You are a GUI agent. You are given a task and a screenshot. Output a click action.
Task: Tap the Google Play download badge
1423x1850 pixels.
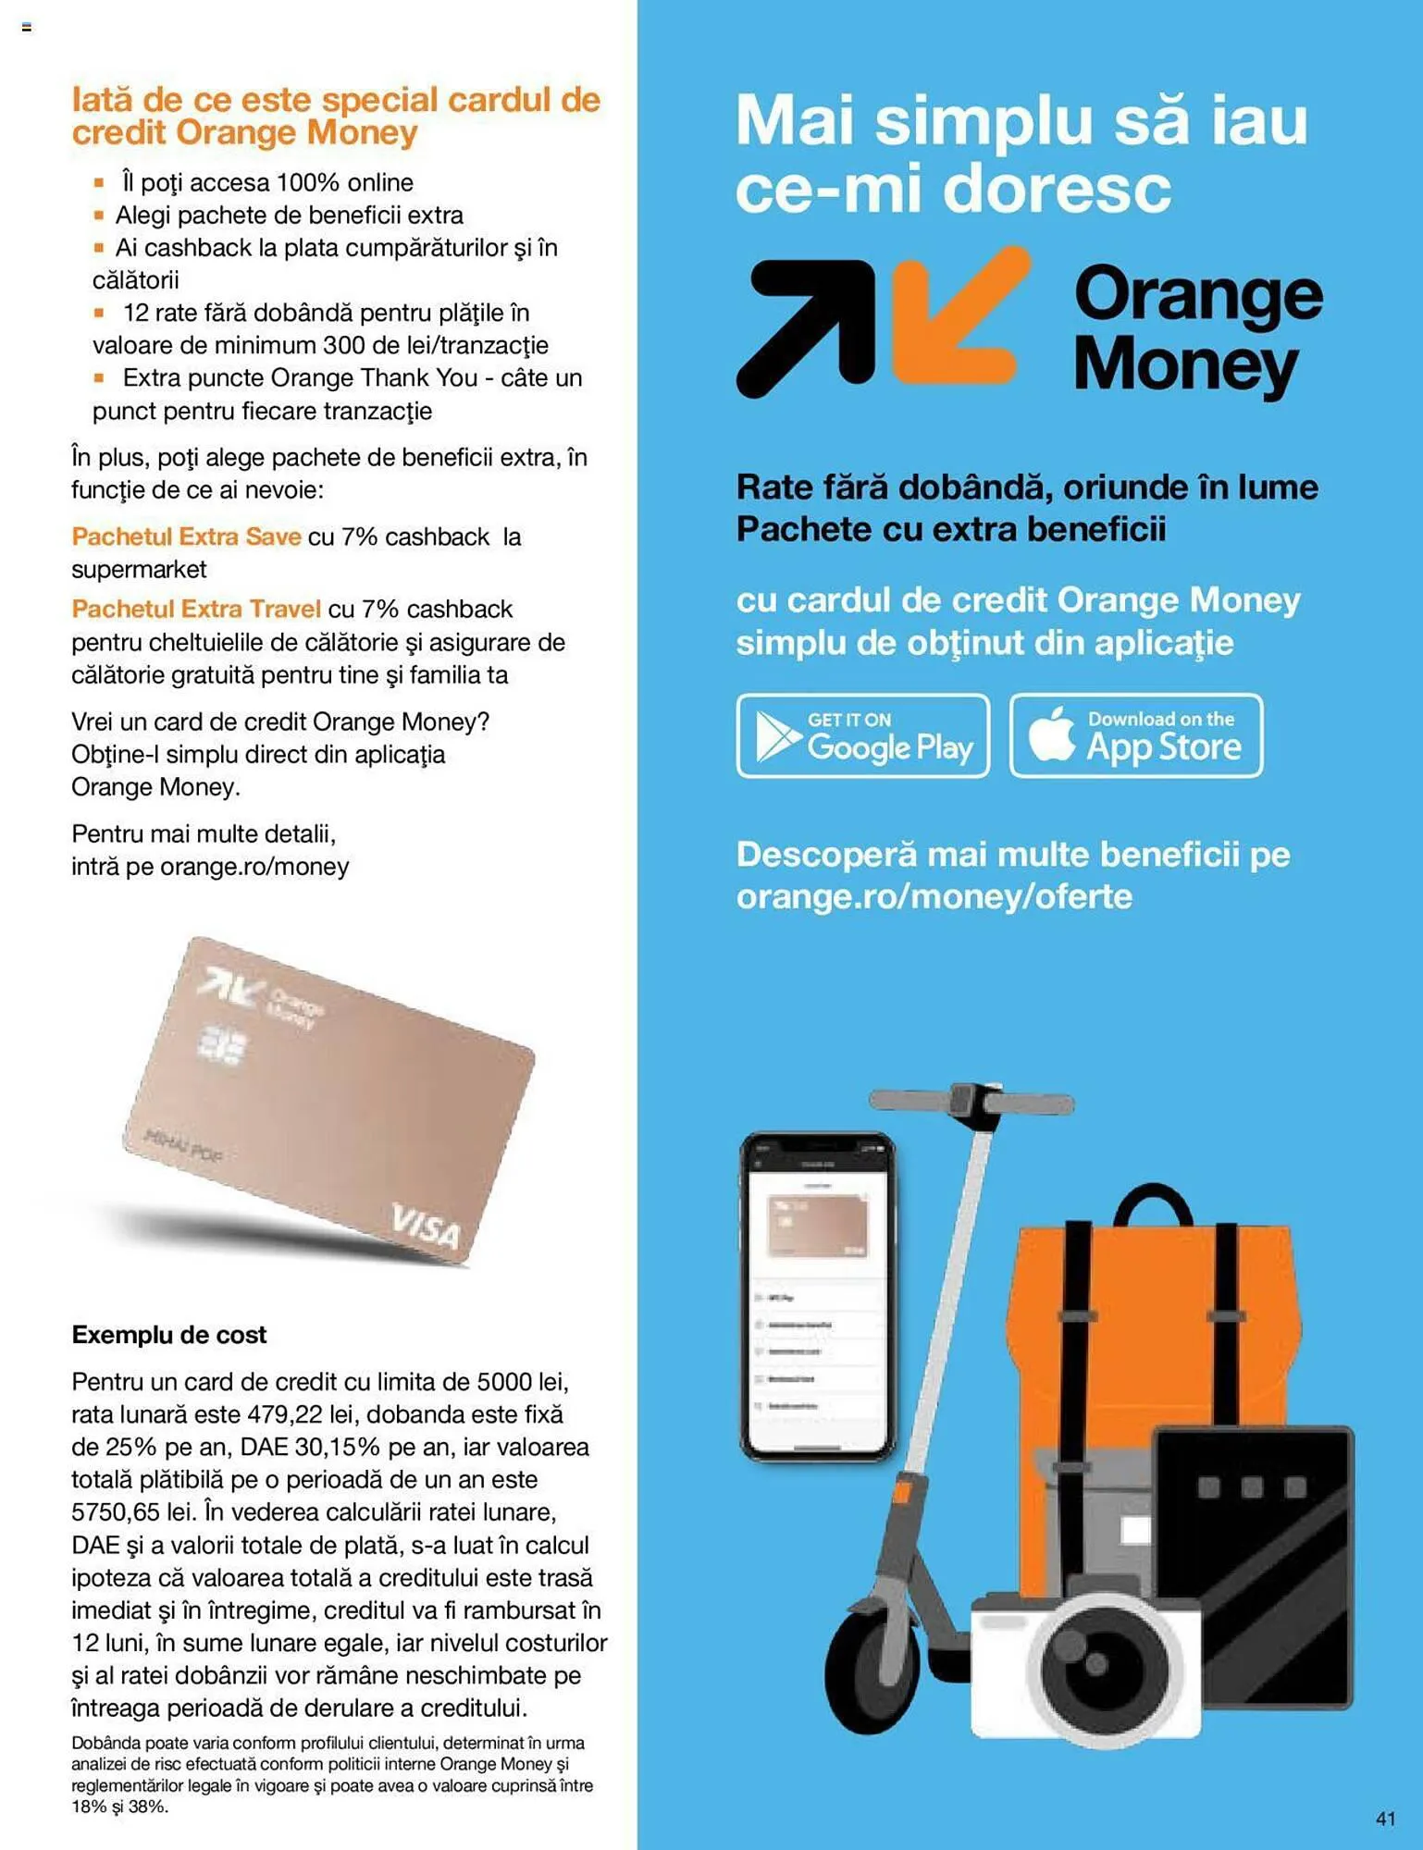click(x=862, y=735)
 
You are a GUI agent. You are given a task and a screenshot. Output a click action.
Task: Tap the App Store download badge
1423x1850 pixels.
click(x=1135, y=735)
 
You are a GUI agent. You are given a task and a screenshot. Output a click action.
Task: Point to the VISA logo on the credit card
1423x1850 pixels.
click(x=425, y=1226)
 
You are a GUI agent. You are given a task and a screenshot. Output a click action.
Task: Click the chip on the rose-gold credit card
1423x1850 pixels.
click(x=223, y=1047)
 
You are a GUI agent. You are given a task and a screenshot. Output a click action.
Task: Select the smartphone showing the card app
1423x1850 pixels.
click(x=817, y=1295)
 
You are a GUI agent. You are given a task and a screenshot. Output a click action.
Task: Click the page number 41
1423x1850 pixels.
click(x=1385, y=1818)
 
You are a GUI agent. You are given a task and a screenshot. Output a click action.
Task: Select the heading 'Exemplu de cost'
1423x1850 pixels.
click(x=169, y=1335)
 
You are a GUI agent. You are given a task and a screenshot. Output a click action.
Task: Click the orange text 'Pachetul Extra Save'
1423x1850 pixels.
click(x=186, y=536)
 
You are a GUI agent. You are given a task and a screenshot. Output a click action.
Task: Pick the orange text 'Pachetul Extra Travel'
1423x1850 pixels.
click(x=196, y=609)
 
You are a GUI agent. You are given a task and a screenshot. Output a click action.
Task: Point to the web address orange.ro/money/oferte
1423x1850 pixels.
click(x=934, y=896)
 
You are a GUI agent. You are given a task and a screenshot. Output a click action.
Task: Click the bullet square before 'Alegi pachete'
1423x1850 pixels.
click(x=99, y=216)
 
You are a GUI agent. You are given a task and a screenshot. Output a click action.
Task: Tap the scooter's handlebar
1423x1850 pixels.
click(x=971, y=1102)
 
